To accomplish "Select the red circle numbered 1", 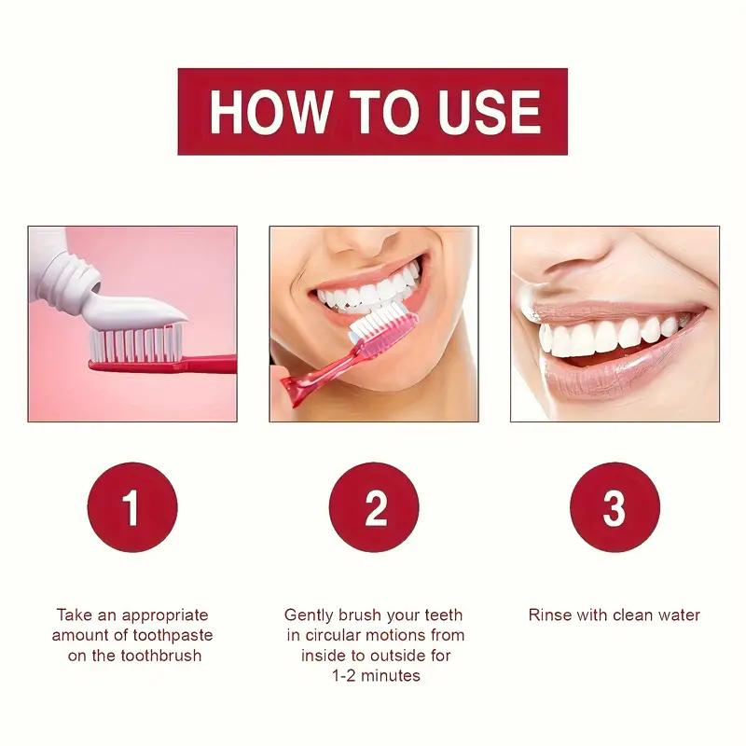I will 131,508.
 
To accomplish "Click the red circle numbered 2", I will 374,508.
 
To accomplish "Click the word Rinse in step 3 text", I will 548,615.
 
